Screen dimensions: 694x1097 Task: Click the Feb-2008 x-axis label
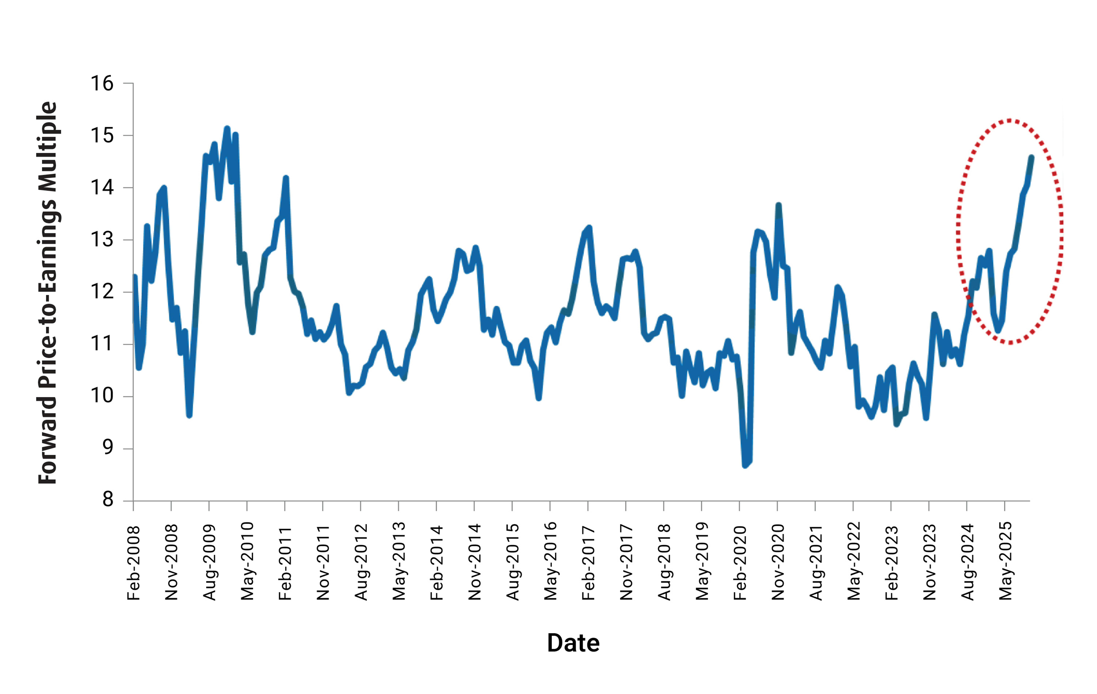pyautogui.click(x=134, y=563)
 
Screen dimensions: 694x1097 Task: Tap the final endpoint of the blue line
pyautogui.click(x=1031, y=157)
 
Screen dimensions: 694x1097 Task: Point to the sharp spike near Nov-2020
pyautogui.click(x=779, y=205)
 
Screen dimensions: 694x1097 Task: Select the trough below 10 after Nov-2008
pyautogui.click(x=189, y=415)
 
